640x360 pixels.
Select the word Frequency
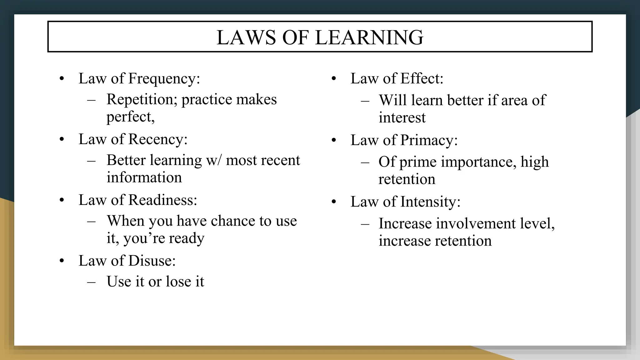tap(164, 79)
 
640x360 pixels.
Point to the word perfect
tap(130, 117)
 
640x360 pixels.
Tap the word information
tap(144, 177)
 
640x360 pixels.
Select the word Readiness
tap(162, 200)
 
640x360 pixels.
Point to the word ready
tap(186, 238)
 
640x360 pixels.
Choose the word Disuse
tap(152, 261)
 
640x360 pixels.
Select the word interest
tap(402, 118)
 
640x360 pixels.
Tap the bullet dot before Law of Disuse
tap(62, 261)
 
